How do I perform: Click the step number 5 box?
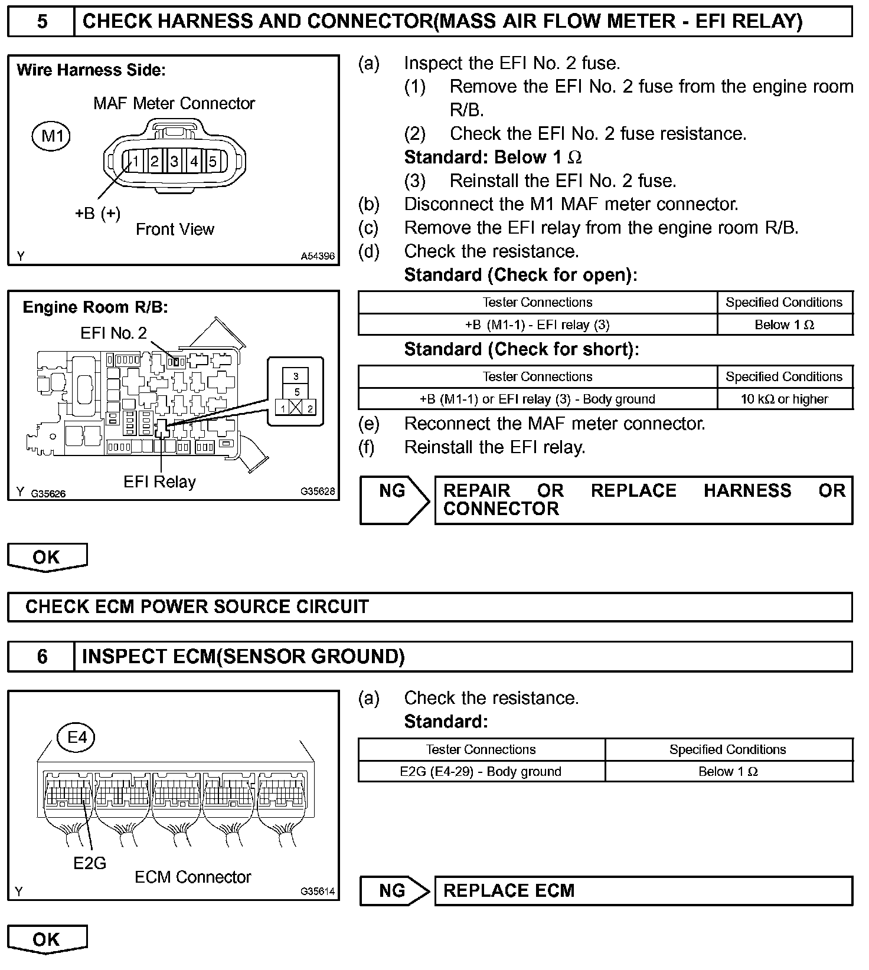click(x=41, y=22)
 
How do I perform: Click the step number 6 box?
click(x=41, y=657)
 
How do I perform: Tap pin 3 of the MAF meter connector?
click(x=174, y=161)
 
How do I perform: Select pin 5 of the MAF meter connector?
click(x=213, y=161)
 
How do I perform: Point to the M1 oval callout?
click(x=51, y=136)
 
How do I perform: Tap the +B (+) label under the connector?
click(x=97, y=213)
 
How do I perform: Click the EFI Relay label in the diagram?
click(x=159, y=482)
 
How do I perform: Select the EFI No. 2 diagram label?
click(x=113, y=333)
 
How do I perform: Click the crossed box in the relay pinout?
click(x=296, y=408)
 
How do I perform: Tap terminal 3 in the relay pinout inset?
click(x=296, y=376)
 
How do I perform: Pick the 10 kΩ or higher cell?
click(x=785, y=399)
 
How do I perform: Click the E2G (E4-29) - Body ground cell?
click(x=481, y=771)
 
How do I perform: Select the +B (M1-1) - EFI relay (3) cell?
click(x=537, y=325)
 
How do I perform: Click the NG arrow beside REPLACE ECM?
click(x=394, y=890)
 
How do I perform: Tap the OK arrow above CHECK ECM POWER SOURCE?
click(x=47, y=558)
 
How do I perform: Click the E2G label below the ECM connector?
click(x=90, y=863)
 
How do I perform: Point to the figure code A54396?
click(x=318, y=256)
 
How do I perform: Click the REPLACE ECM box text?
click(x=509, y=890)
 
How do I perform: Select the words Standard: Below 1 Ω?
click(x=493, y=158)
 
